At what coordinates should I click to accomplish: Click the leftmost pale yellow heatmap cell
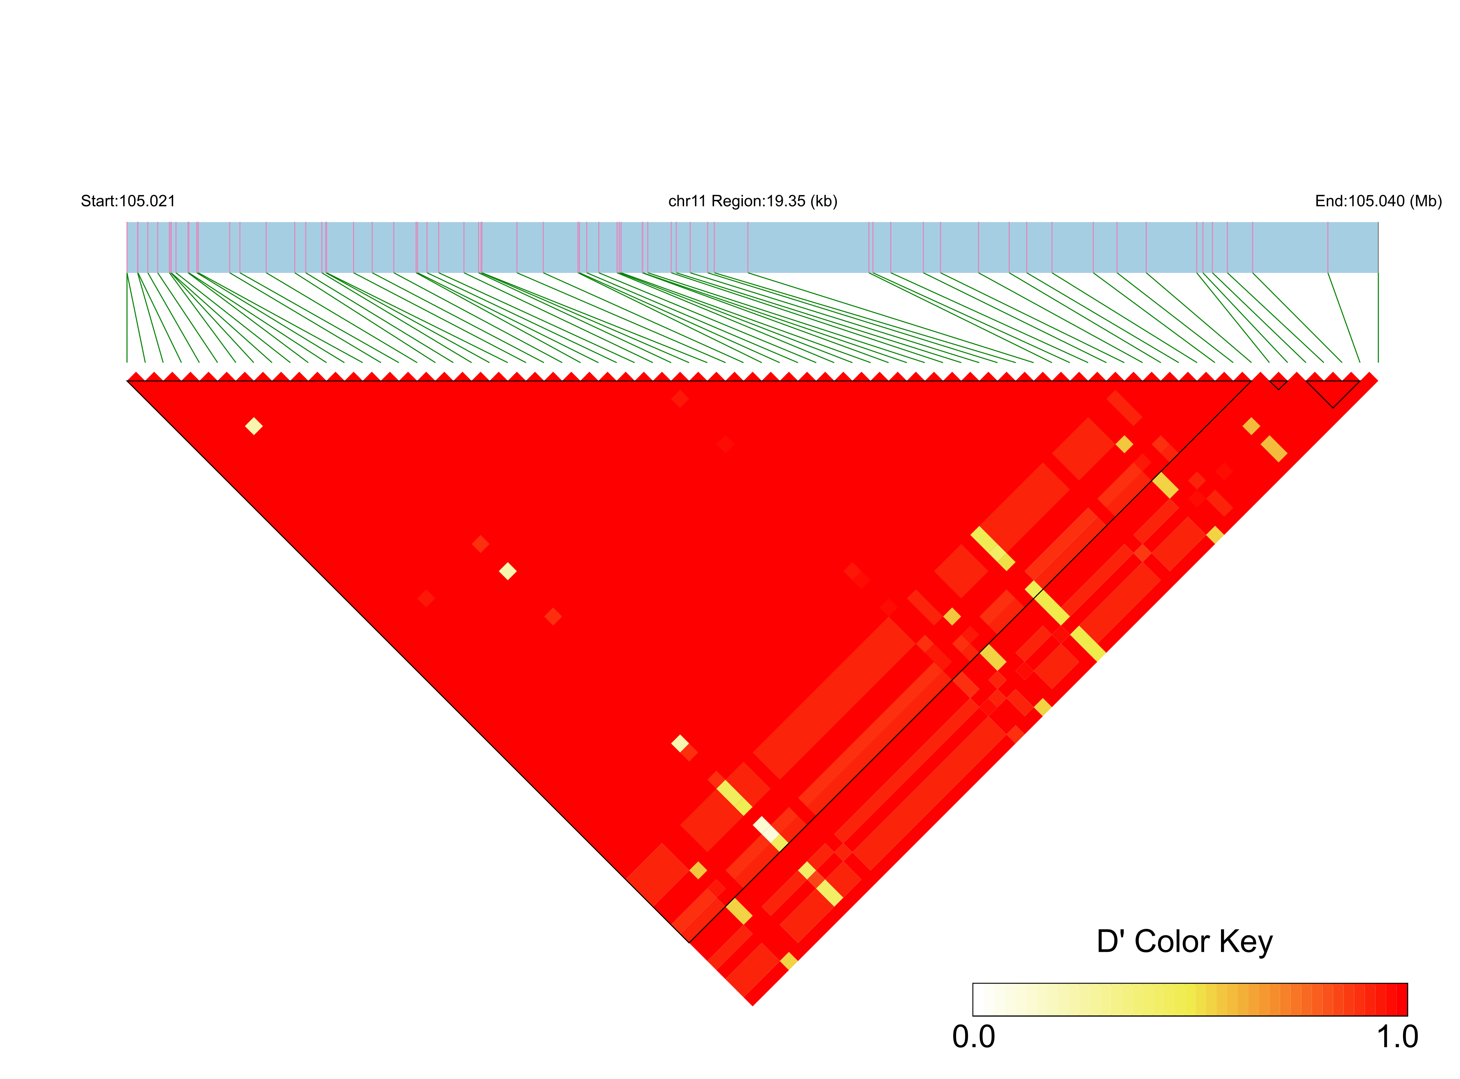254,426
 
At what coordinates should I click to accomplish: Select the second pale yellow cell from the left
508,571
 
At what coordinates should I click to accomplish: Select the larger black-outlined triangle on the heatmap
1332,392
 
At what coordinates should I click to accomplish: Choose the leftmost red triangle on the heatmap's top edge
135,376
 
